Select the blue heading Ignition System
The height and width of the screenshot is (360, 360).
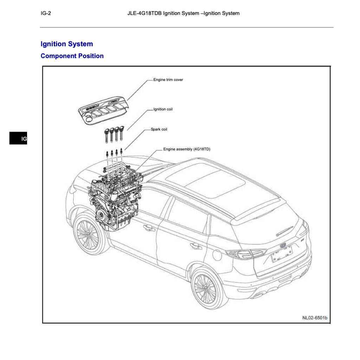(x=67, y=44)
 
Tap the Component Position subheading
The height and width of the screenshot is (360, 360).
(x=72, y=56)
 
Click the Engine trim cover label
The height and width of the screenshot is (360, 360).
(x=168, y=80)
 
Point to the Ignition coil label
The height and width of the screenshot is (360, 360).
(x=163, y=109)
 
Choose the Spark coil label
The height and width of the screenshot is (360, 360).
(x=159, y=129)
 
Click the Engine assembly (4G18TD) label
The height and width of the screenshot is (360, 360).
(x=187, y=149)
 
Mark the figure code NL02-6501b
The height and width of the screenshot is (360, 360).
(x=315, y=318)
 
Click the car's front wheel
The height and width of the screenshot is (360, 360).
(x=88, y=234)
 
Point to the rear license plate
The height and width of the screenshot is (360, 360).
(x=282, y=253)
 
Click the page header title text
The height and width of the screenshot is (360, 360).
(x=183, y=13)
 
